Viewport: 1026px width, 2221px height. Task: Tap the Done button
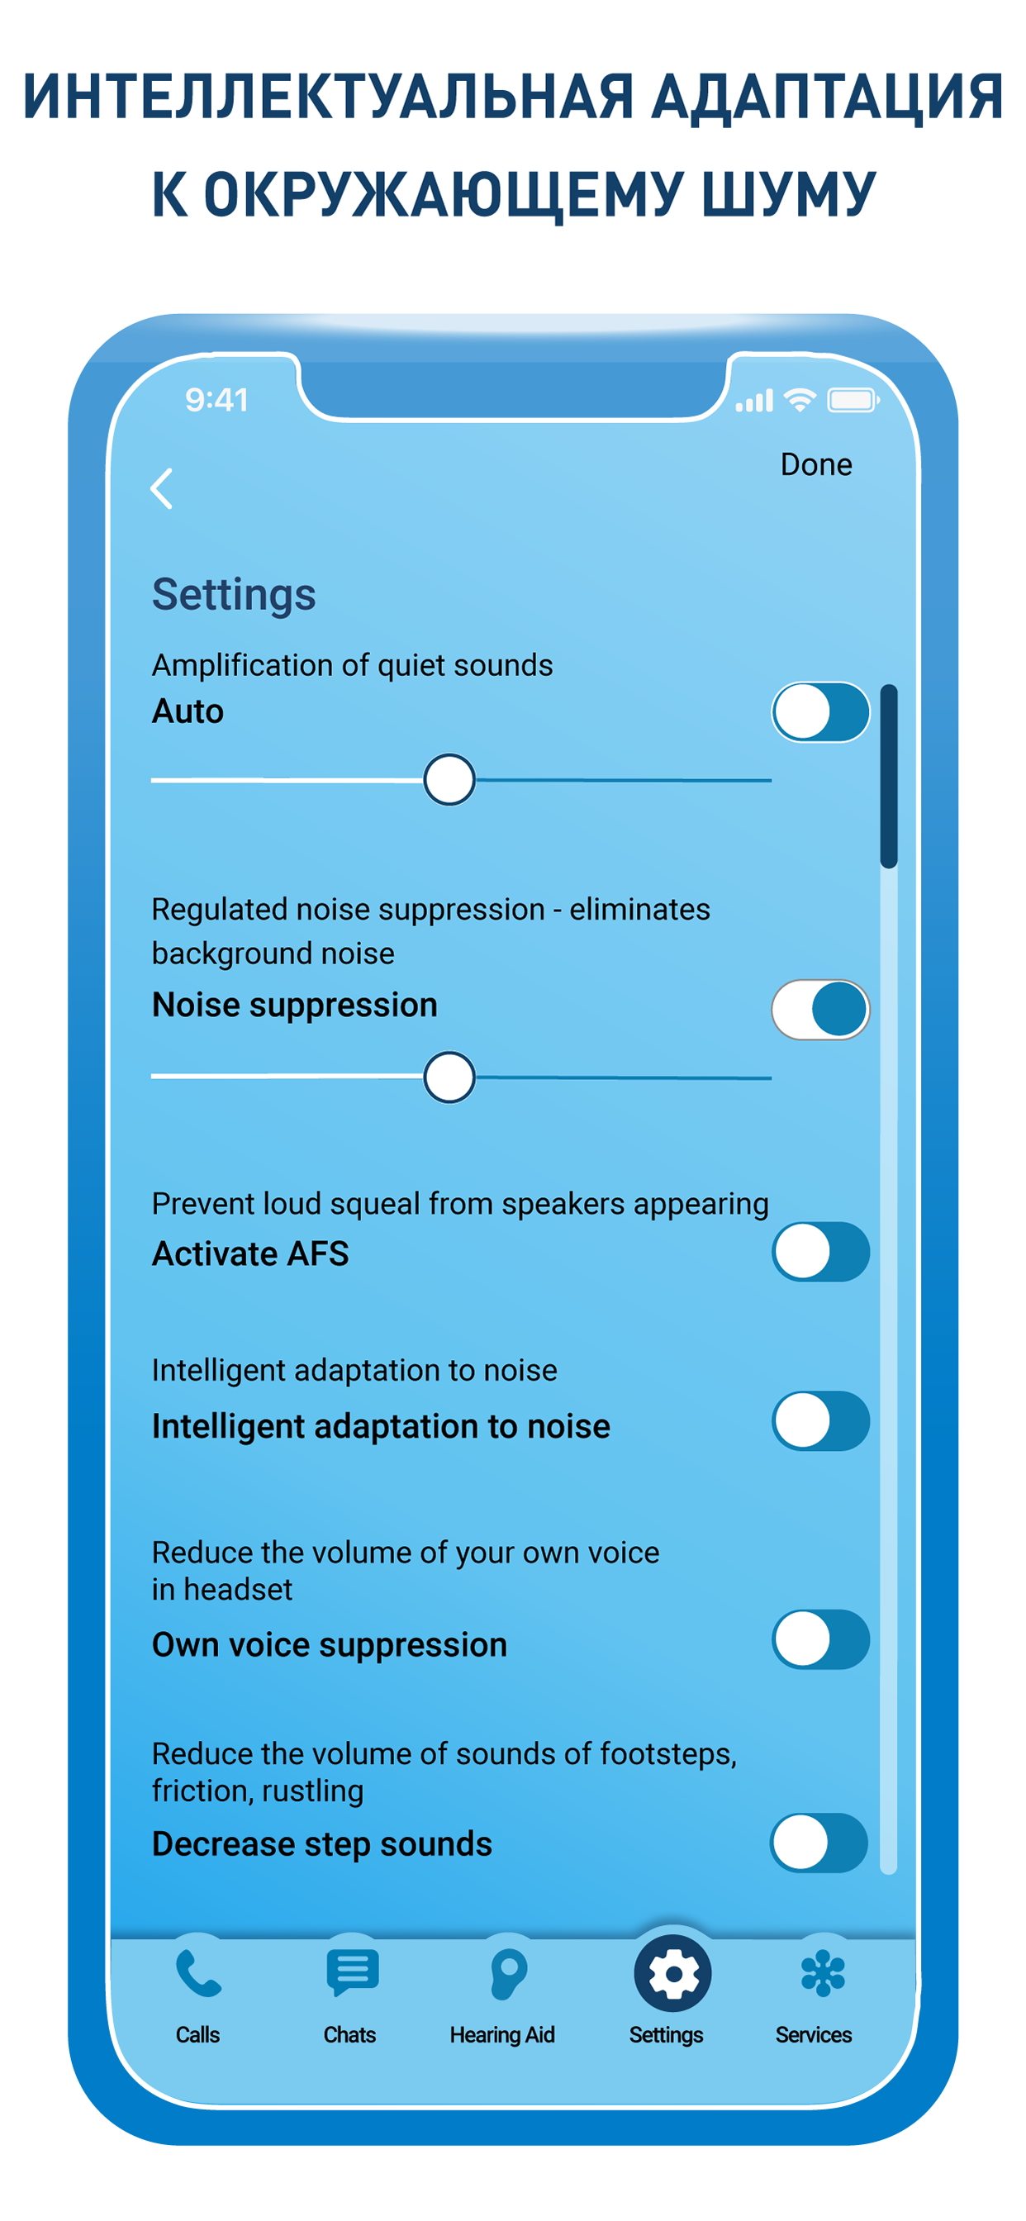click(x=815, y=464)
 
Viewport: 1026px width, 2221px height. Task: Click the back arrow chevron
click(x=161, y=489)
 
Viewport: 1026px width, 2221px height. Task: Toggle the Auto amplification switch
click(x=820, y=712)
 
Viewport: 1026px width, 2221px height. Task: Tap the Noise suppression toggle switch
click(x=820, y=1010)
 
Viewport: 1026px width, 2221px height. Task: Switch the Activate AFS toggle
click(x=820, y=1252)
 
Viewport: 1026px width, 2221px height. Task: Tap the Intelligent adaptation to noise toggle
click(x=820, y=1421)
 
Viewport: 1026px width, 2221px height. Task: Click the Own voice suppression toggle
click(x=820, y=1640)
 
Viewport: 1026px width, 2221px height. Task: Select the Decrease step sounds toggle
click(x=818, y=1843)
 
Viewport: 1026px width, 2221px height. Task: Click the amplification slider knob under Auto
click(x=449, y=779)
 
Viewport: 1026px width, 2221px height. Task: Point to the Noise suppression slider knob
click(x=449, y=1077)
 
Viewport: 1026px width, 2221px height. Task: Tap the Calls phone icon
click(x=198, y=1975)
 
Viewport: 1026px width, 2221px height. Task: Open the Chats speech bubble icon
click(x=352, y=1972)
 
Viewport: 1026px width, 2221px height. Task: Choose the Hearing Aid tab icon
click(x=508, y=1974)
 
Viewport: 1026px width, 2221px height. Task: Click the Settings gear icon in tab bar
click(x=672, y=1974)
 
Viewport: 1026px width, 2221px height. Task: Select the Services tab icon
click(x=823, y=1974)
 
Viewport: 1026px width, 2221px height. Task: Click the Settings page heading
click(x=234, y=595)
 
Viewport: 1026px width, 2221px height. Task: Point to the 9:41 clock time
click(x=216, y=399)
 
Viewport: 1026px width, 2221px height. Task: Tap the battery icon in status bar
click(x=853, y=400)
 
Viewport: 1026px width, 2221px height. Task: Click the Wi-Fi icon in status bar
click(x=800, y=400)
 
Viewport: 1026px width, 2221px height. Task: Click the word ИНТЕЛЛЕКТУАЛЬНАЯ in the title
click(x=329, y=97)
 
